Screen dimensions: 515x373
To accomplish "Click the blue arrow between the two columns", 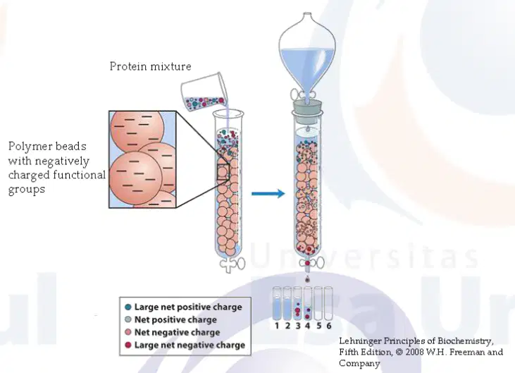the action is point(268,194).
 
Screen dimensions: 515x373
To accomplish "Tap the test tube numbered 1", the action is point(277,303).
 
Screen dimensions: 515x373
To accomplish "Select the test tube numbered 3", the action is point(297,303).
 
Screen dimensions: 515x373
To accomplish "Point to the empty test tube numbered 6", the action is point(328,303).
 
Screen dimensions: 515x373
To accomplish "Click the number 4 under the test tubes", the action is point(308,326).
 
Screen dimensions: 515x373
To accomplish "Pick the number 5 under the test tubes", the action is point(318,326).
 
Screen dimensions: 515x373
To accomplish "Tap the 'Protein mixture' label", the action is point(151,66).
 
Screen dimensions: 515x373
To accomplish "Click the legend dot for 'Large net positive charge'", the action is point(128,307).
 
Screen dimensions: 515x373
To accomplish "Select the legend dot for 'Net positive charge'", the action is point(128,319).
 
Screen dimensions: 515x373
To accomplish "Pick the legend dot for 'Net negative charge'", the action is point(128,332).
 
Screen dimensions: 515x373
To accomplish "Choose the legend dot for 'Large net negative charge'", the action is point(128,345).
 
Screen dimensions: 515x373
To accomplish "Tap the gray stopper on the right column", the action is point(307,107).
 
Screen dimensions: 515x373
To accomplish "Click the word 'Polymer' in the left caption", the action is point(29,146).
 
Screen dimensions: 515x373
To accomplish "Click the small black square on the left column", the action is point(223,172).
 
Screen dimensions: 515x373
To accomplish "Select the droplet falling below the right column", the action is point(307,279).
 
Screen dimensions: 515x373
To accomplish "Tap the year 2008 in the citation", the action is point(415,353).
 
